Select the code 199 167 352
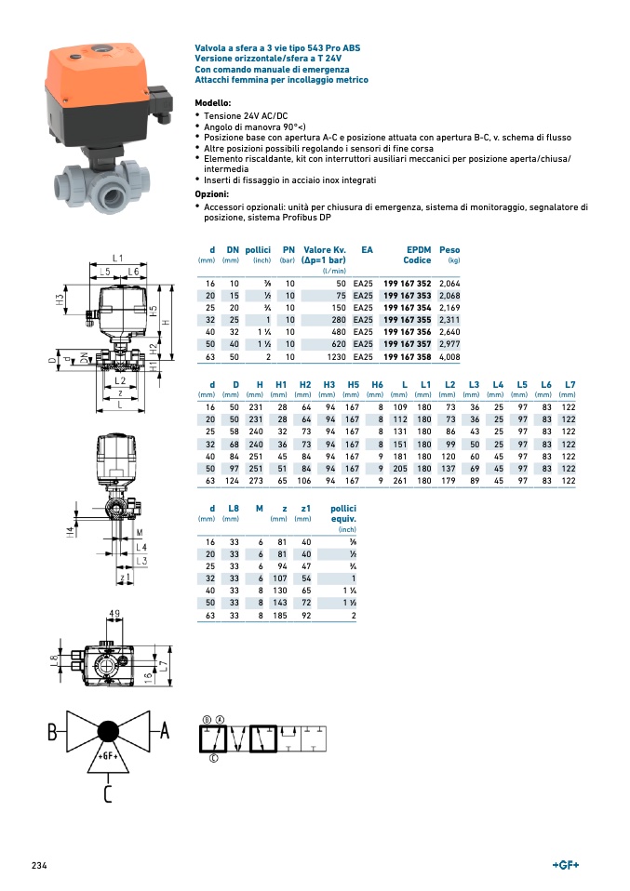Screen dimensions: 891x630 point(408,283)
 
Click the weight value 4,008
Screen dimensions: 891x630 point(449,356)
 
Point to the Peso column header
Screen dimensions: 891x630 point(449,249)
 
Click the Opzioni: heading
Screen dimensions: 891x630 point(212,194)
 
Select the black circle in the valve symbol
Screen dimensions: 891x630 point(108,731)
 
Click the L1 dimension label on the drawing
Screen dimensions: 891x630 point(117,257)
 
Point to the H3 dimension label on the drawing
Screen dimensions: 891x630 point(60,300)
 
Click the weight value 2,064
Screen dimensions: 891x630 point(449,283)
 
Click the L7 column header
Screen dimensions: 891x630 point(570,384)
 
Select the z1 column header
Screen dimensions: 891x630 point(304,509)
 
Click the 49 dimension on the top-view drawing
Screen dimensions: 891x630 point(114,614)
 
